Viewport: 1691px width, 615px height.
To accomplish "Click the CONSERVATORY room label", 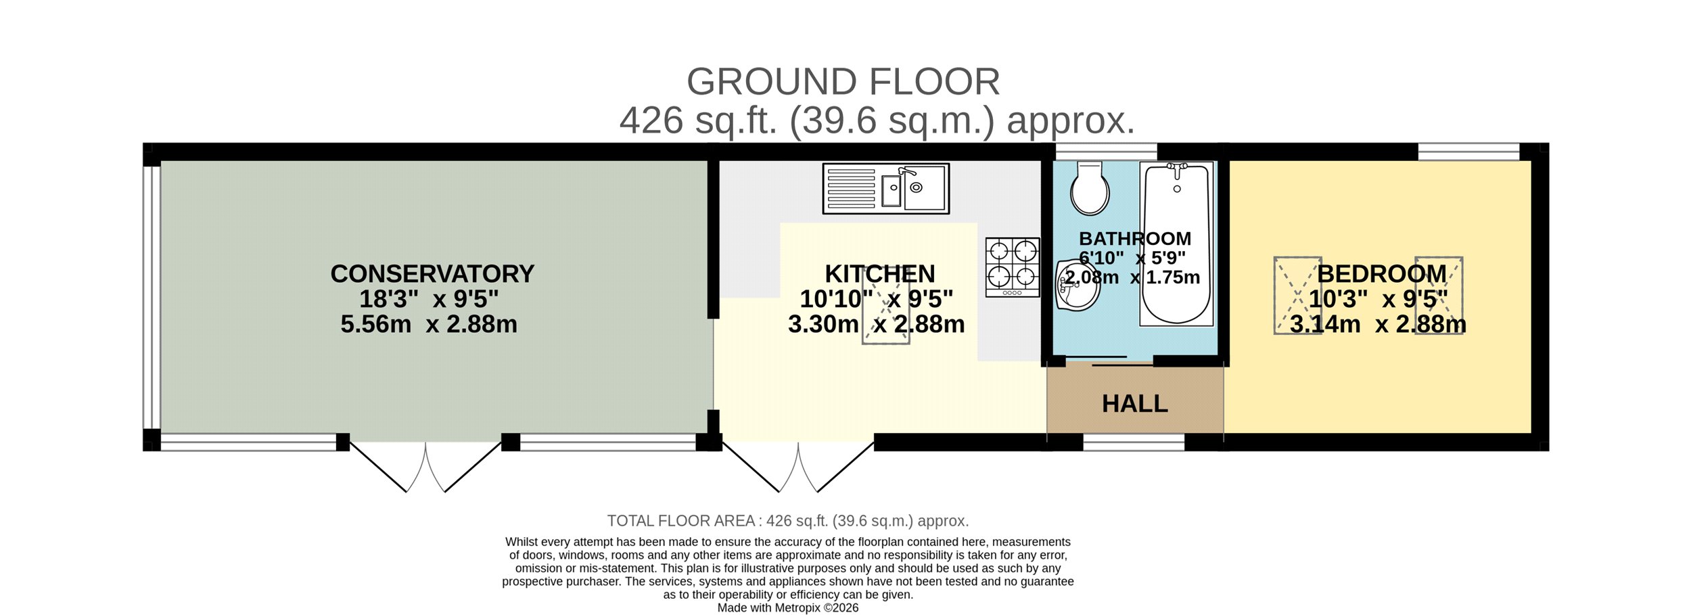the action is (x=432, y=274).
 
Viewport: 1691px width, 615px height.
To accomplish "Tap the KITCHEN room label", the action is (x=880, y=274).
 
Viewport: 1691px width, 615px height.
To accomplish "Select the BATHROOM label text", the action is (x=1135, y=239).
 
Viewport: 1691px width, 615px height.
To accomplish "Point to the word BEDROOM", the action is (x=1382, y=274).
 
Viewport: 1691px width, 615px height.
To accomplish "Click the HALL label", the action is (x=1135, y=404).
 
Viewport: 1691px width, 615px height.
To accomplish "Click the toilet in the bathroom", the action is (x=1090, y=187).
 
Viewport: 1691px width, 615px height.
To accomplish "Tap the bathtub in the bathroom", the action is (x=1176, y=244).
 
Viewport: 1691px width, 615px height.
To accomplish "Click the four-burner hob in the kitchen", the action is (x=1013, y=267).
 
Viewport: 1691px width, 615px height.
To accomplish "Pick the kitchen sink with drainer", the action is (x=886, y=189).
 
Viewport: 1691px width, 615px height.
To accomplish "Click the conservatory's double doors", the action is (x=425, y=467).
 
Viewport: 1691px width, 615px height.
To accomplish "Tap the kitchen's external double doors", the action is (x=798, y=467).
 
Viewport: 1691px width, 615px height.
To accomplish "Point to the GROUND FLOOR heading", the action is (x=843, y=82).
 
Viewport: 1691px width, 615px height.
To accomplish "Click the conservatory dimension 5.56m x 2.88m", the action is (x=429, y=324).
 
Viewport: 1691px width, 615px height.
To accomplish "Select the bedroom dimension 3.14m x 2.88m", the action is (x=1379, y=324).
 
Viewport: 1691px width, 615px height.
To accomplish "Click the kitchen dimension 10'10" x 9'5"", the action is (x=877, y=298).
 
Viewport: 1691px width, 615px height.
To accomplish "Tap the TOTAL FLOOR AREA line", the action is (x=788, y=521).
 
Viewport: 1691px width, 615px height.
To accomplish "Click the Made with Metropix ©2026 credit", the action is (x=788, y=608).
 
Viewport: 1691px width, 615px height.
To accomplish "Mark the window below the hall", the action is (x=1134, y=442).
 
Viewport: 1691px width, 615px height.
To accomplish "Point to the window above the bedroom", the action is (x=1468, y=152).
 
